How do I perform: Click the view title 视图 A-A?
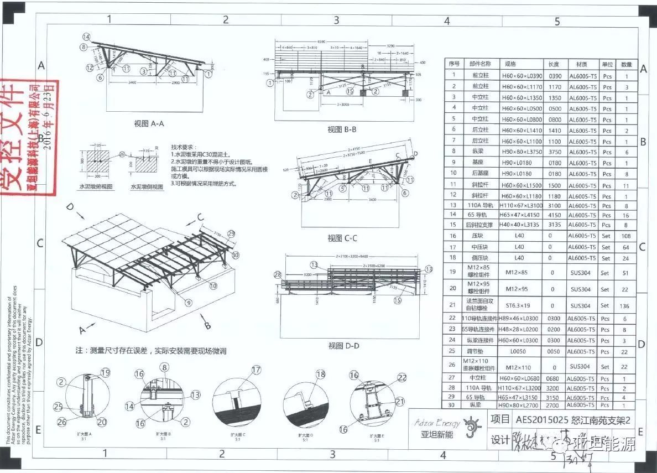point(149,124)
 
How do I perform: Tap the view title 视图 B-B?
point(341,129)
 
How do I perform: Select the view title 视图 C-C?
point(342,238)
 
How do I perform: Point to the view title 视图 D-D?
point(343,346)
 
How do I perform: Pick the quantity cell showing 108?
point(626,236)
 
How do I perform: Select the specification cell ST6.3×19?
point(518,305)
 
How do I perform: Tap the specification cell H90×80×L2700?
point(518,405)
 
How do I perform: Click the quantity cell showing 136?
point(626,305)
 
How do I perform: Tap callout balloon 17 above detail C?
point(256,370)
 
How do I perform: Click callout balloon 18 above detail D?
point(321,375)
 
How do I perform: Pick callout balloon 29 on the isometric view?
point(231,233)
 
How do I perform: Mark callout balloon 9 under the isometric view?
point(188,303)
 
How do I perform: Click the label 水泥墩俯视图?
point(98,187)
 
